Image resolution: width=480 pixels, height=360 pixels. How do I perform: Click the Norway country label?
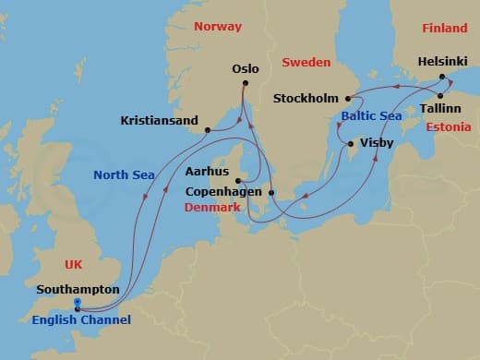(218, 27)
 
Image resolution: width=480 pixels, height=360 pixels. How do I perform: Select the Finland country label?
(445, 29)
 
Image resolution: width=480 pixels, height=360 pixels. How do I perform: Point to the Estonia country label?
(450, 126)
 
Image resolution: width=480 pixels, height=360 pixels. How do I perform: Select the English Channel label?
(81, 320)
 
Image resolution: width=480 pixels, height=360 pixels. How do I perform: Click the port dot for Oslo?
(245, 84)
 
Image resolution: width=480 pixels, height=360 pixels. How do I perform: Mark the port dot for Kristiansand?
(208, 130)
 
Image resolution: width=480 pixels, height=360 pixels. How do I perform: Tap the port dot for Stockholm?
(348, 99)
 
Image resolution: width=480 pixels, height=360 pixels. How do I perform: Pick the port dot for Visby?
(350, 144)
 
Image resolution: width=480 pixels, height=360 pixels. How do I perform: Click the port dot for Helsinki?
(442, 77)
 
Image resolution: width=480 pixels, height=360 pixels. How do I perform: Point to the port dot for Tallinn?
(440, 96)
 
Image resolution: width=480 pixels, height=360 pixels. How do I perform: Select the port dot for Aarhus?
(238, 181)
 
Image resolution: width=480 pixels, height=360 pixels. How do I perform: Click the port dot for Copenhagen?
(271, 192)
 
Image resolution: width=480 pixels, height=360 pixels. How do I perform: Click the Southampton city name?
(78, 289)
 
